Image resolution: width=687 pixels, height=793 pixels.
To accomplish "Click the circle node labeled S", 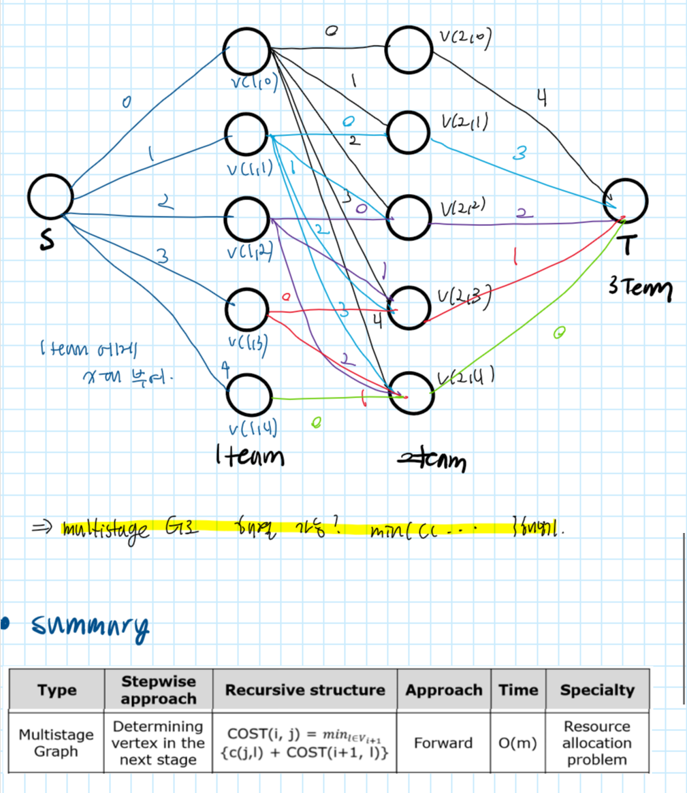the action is (50, 197).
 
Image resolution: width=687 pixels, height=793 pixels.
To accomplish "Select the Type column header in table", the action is (57, 690).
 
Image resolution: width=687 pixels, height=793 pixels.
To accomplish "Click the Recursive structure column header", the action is (304, 690).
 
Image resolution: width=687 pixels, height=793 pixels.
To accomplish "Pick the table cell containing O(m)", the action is (518, 743).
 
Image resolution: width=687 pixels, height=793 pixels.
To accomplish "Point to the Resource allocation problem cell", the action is (596, 743).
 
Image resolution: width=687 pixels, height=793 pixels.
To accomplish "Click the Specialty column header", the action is (596, 690).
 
